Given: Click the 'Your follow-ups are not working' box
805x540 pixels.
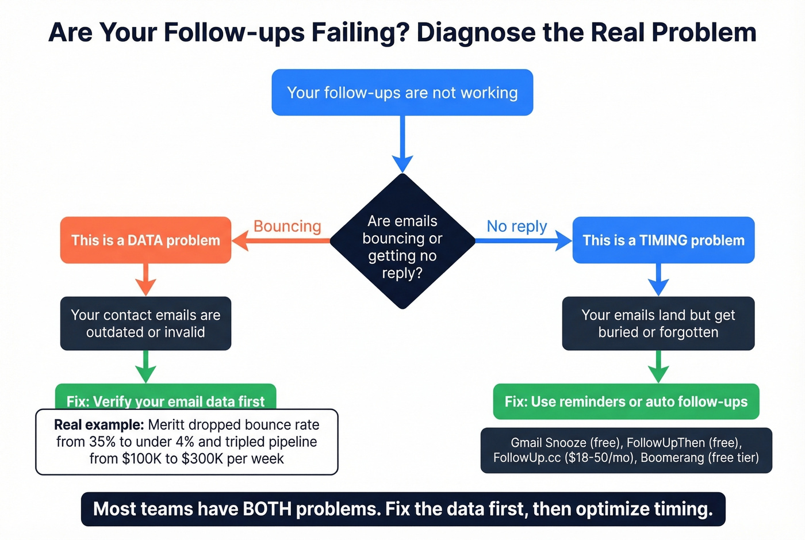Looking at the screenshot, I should (x=402, y=93).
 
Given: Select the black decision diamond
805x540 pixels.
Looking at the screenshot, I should (x=402, y=242).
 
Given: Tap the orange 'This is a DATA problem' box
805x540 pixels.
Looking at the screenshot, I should (x=145, y=240).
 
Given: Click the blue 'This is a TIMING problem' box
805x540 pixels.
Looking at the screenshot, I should (x=663, y=240).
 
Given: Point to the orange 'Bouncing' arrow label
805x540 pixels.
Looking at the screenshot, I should (x=287, y=226).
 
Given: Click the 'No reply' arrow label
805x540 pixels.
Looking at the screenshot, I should (x=516, y=226).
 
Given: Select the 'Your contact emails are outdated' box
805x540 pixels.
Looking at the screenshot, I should (x=145, y=323).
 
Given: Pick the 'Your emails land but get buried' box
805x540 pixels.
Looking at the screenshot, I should (x=658, y=323).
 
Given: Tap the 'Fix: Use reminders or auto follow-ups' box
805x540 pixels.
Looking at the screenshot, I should (x=626, y=401).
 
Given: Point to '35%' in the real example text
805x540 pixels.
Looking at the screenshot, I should (x=102, y=442).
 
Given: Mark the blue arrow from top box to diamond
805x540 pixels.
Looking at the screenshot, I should (x=402, y=144).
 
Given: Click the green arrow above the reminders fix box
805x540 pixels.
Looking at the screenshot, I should (x=658, y=367).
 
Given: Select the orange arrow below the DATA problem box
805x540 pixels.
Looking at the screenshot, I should (x=145, y=279).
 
